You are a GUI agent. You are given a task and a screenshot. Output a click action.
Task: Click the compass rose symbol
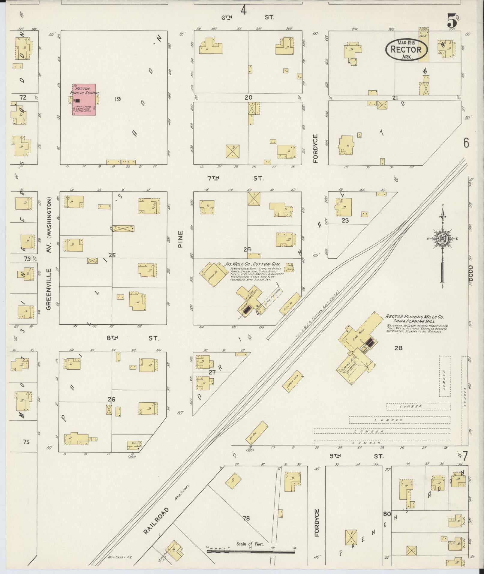pos(442,239)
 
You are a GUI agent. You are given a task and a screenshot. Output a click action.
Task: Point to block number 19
pos(117,99)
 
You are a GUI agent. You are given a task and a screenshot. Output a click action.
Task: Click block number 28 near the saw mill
pos(398,348)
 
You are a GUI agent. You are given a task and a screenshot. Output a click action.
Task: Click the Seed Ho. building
pos(290,304)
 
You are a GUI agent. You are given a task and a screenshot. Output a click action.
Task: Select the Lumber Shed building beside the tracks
pos(293,383)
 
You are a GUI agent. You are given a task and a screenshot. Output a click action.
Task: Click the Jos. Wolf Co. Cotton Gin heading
pos(252,264)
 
